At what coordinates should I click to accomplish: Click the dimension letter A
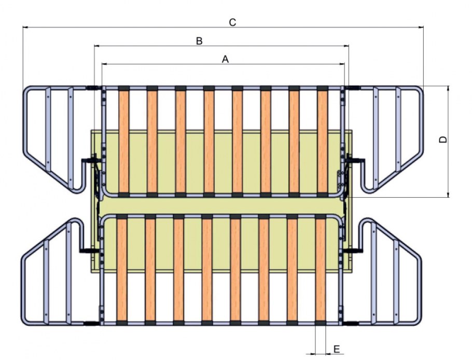coord(225,59)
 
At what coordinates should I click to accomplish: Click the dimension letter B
coord(199,41)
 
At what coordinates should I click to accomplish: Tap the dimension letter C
coord(232,22)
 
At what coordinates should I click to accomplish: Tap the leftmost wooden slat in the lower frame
coord(122,270)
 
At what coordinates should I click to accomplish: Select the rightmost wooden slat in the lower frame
coord(321,270)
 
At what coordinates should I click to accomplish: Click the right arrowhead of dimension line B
coord(346,46)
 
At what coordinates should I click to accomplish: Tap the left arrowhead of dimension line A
coord(104,64)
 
